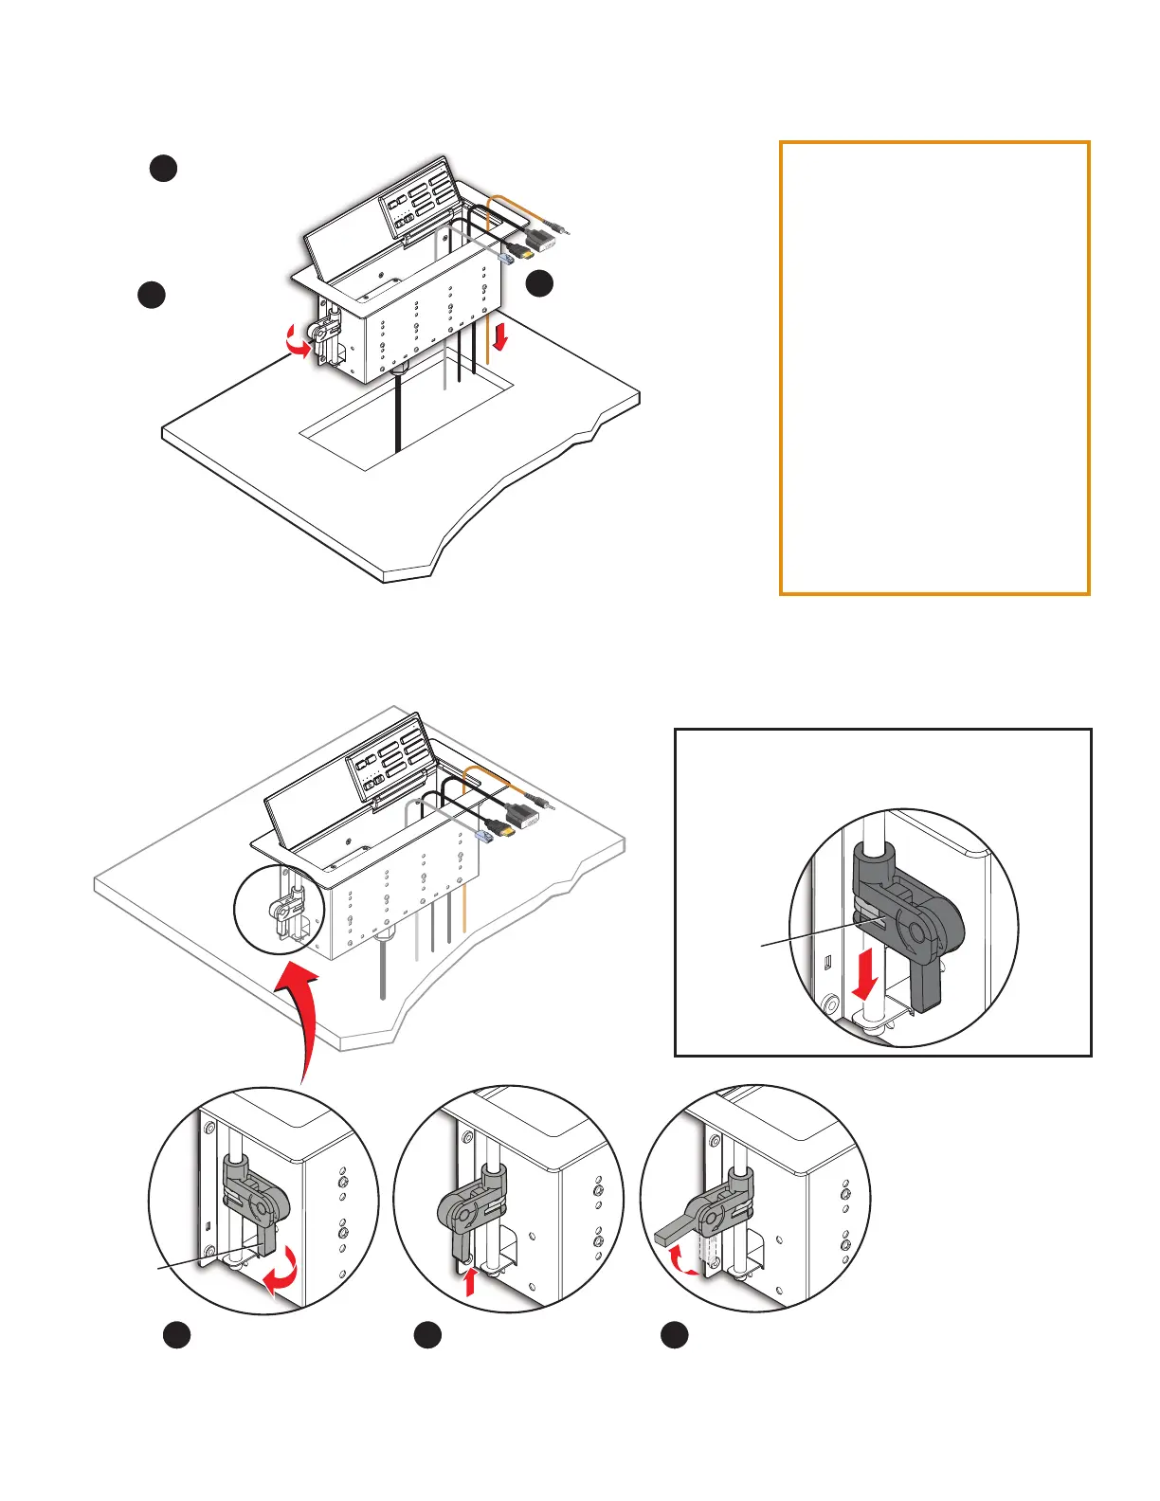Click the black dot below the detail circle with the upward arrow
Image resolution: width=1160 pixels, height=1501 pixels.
[x=426, y=1335]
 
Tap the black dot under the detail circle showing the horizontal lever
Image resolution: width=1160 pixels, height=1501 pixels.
[x=674, y=1335]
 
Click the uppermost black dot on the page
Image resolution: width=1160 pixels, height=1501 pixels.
[x=163, y=168]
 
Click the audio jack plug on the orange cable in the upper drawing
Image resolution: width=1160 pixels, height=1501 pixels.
[x=563, y=227]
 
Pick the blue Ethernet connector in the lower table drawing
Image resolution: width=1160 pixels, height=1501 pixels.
[x=485, y=836]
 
